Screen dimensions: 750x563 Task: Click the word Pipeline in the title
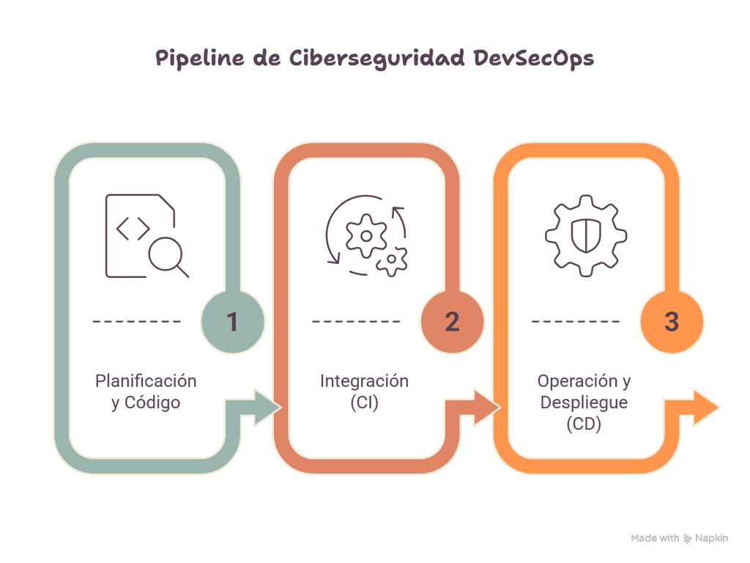(200, 59)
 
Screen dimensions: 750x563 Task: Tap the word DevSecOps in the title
(534, 59)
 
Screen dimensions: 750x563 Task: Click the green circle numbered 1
(232, 322)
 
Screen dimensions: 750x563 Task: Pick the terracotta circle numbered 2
(452, 322)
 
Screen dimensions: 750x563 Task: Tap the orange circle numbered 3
(672, 322)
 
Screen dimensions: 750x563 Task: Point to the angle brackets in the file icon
(133, 229)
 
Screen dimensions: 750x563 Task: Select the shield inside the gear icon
(586, 235)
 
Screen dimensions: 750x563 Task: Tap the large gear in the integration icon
(366, 235)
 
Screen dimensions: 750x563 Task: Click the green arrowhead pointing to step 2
(267, 408)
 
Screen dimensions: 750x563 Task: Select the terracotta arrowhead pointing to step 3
(487, 408)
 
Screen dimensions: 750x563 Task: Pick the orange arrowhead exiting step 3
(707, 408)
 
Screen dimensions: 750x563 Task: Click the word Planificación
(146, 381)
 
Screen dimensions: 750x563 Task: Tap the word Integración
(365, 381)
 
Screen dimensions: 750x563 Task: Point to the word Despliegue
(584, 402)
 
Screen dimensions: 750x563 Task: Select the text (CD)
(584, 424)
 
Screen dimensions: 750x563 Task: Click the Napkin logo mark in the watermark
(687, 539)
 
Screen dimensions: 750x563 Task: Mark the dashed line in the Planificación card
(137, 321)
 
